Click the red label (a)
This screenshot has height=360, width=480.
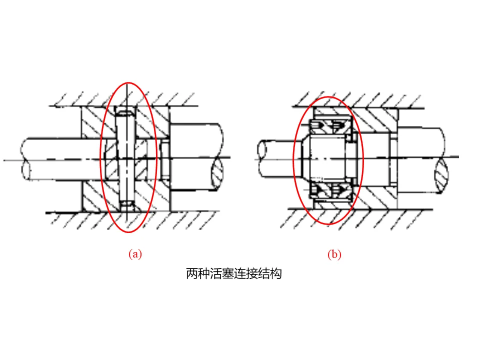(x=135, y=254)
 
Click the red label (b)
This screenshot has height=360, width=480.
(x=334, y=254)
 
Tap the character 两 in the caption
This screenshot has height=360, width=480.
(x=192, y=273)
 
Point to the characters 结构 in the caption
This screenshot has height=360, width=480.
(x=269, y=273)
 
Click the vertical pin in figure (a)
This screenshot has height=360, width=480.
(x=126, y=158)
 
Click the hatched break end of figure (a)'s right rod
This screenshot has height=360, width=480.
(x=217, y=173)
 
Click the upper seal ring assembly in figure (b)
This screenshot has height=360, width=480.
(x=330, y=126)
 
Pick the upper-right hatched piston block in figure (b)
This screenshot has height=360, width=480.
(x=375, y=120)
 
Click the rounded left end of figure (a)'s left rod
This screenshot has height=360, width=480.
(x=25, y=159)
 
